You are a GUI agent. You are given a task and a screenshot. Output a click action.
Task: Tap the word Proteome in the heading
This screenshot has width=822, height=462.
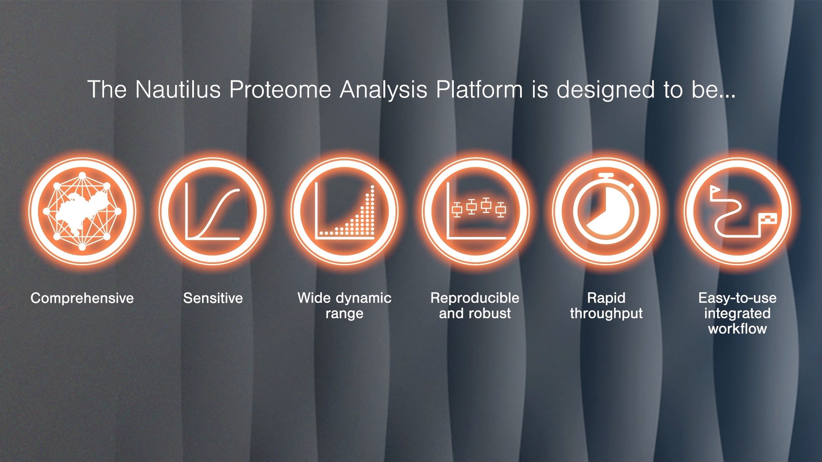tap(280, 89)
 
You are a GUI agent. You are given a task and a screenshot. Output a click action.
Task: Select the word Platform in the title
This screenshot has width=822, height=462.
tap(479, 89)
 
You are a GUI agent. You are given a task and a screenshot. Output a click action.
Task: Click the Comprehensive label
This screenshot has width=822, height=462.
tap(82, 298)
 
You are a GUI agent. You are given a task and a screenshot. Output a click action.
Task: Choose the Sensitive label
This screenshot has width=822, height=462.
tap(213, 298)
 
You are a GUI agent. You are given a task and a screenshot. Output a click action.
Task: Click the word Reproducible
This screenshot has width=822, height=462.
tap(475, 298)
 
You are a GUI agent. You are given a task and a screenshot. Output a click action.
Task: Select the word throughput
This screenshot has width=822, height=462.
tap(606, 314)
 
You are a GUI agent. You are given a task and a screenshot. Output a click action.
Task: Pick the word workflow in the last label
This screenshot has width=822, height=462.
tap(737, 329)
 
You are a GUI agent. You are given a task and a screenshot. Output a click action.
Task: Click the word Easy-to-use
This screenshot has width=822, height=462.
tap(737, 298)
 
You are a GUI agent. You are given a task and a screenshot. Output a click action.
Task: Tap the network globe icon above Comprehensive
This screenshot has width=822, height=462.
tap(82, 211)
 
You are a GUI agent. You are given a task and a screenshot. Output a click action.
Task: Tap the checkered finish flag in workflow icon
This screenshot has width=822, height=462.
tap(768, 219)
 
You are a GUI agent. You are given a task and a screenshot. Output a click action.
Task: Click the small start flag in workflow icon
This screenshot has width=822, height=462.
tap(714, 191)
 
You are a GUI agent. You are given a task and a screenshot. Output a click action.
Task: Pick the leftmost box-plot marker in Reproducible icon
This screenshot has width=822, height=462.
tap(457, 210)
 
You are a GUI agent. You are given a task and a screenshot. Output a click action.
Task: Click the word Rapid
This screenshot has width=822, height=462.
tap(606, 298)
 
